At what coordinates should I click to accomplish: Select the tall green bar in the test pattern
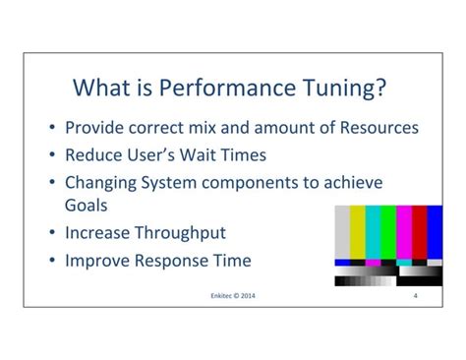click(x=389, y=232)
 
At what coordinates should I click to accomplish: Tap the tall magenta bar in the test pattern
click(x=405, y=232)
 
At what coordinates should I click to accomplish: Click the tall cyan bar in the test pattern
click(x=375, y=232)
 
